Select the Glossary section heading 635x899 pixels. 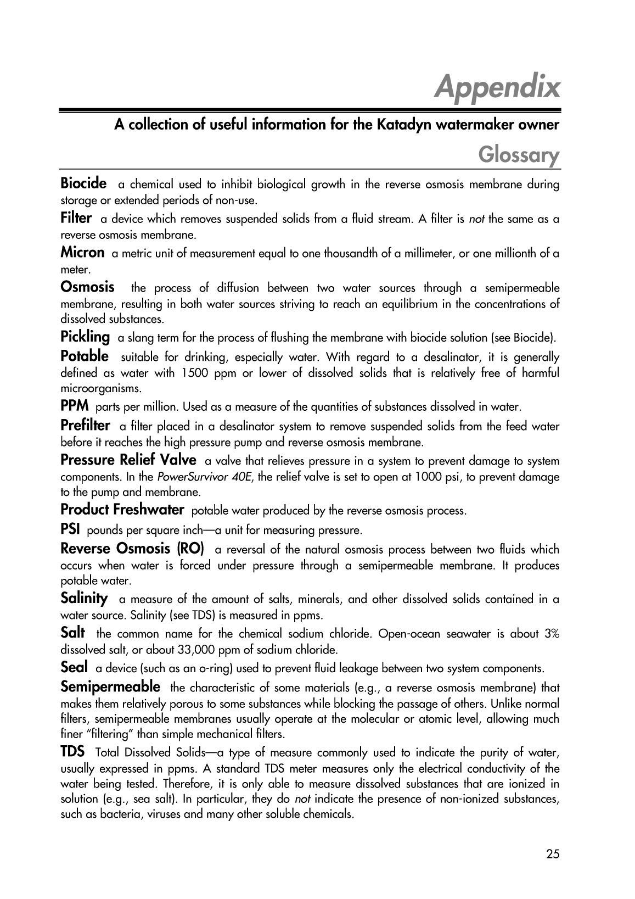coord(519,155)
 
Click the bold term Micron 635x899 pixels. coord(82,253)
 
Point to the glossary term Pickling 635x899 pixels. coord(85,336)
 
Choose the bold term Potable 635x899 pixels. coord(85,356)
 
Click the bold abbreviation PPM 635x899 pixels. coord(75,406)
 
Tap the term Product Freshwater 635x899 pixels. coord(122,510)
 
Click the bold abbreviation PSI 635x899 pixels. coord(70,530)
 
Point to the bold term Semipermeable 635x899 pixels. coord(110,686)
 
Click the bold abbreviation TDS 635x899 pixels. coord(72,751)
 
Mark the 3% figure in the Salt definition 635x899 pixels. coord(552,634)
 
